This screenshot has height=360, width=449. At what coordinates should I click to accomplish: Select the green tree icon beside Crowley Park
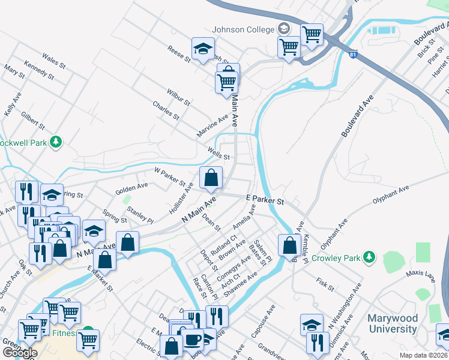(370, 258)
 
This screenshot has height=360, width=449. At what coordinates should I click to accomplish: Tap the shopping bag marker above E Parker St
(211, 178)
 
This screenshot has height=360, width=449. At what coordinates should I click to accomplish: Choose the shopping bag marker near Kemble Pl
(289, 245)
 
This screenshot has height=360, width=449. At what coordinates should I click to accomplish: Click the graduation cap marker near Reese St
(203, 49)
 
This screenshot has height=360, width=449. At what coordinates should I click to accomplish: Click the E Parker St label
(265, 199)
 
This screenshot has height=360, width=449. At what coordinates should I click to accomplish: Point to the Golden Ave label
(131, 188)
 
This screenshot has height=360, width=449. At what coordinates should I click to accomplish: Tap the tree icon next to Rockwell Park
(56, 142)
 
